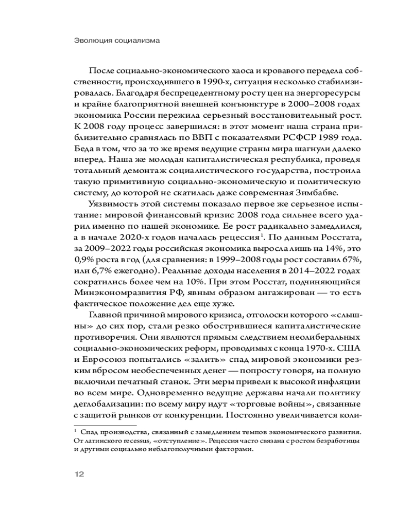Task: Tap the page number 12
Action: click(x=77, y=473)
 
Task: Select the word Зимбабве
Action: click(x=339, y=193)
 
